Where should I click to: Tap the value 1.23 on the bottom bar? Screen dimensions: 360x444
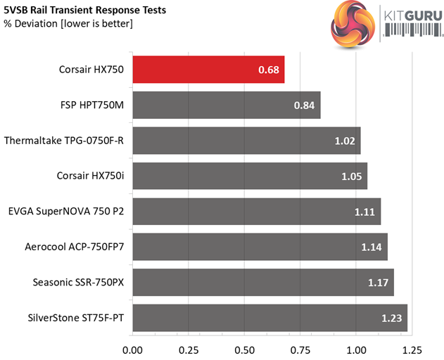pyautogui.click(x=393, y=319)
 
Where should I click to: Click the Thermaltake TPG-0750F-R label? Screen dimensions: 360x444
pyautogui.click(x=63, y=141)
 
